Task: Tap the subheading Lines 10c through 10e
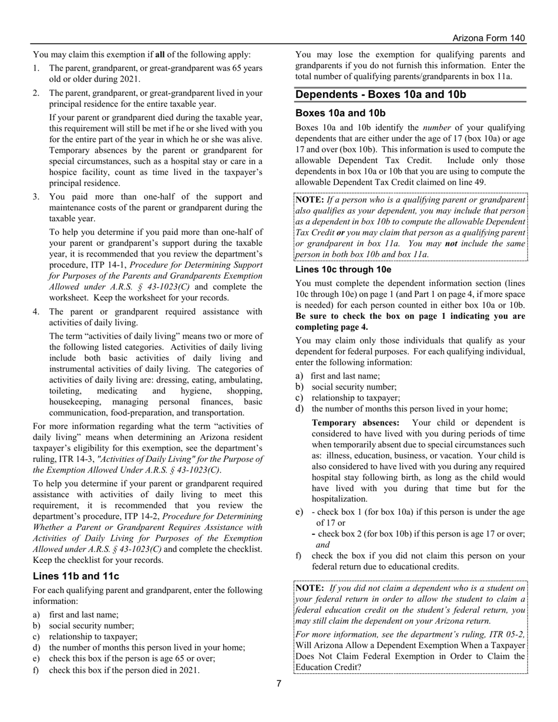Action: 343,269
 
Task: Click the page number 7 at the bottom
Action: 279,683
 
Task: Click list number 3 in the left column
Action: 36,197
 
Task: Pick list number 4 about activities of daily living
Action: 36,312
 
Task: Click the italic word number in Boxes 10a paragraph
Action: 436,127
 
